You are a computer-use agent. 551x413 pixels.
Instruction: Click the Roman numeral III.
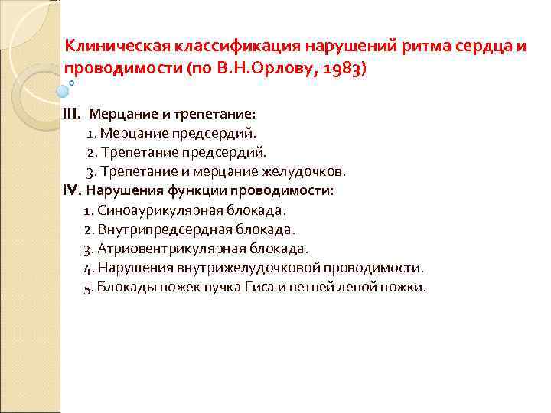70,114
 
